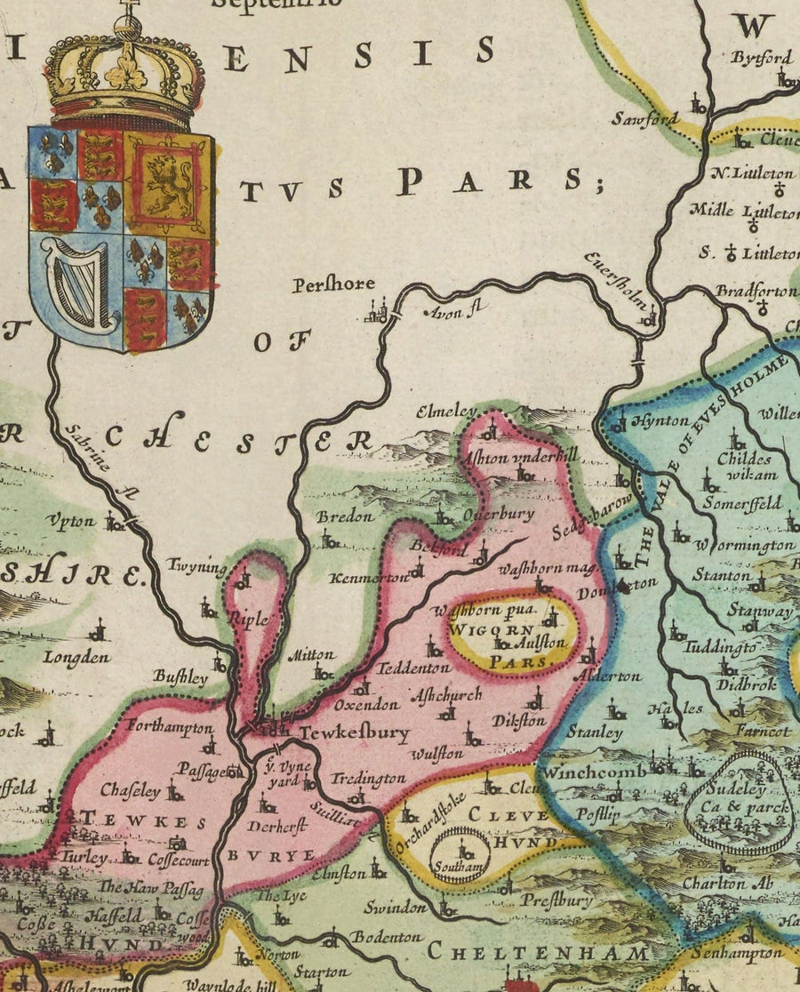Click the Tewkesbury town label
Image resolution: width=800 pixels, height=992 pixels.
[354, 733]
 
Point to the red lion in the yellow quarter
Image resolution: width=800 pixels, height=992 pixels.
[169, 185]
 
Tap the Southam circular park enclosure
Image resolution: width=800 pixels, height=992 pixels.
[458, 855]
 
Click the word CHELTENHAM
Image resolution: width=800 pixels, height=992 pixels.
[539, 953]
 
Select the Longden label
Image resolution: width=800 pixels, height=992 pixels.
[79, 658]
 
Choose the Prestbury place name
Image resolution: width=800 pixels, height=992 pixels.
[556, 900]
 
